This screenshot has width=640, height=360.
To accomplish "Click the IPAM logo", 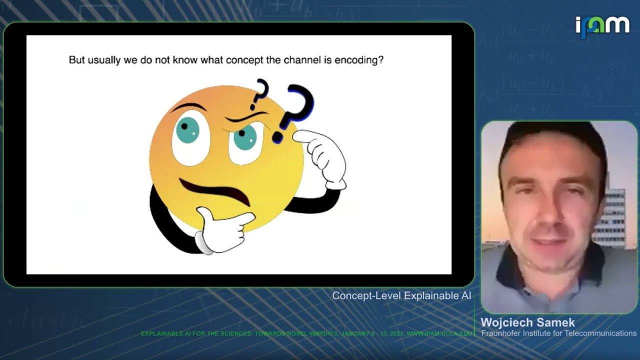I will pos(602,26).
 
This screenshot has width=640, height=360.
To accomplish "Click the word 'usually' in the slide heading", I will pos(102,60).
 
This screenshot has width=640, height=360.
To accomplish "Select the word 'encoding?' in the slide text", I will pos(359,60).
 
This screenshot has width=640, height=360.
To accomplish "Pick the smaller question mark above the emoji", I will pos(259,93).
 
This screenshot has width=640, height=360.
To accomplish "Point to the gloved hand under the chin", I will pos(222,230).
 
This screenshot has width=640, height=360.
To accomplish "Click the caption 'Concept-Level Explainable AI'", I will pos(401,295).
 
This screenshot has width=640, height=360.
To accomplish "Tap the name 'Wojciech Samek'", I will pos(527,322).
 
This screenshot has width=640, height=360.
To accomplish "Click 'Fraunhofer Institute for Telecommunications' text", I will pos(558,333).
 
